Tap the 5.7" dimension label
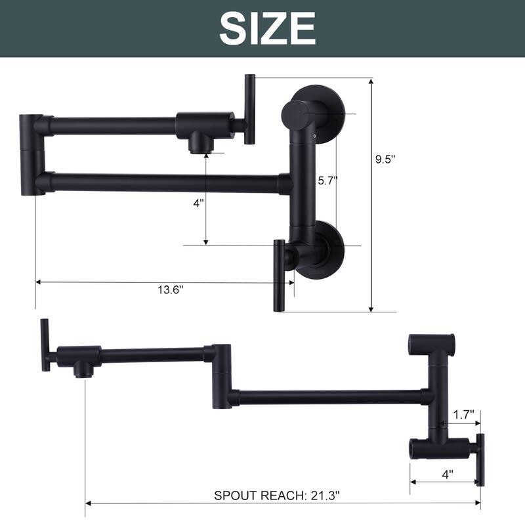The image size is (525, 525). click(x=327, y=182)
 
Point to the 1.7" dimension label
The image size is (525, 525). click(x=465, y=414)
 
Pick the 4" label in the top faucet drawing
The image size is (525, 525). click(x=199, y=203)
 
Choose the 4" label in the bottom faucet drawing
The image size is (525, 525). click(x=446, y=472)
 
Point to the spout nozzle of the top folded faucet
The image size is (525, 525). click(x=197, y=143)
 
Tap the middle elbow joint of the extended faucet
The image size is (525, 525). click(x=220, y=374)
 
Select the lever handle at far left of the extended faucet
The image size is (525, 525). click(x=45, y=345)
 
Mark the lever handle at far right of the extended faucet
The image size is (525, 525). click(x=480, y=459)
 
